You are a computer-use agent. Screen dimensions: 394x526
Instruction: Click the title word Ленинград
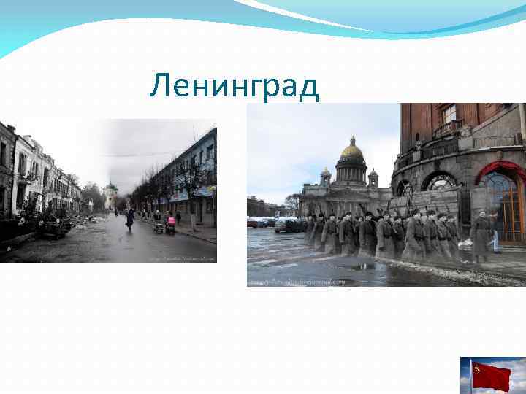coord(234,87)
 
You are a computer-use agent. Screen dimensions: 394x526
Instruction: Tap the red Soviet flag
coord(491,375)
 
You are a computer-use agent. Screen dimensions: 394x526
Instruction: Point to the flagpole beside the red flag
coord(471,376)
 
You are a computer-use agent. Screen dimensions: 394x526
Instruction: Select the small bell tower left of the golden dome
coord(325,177)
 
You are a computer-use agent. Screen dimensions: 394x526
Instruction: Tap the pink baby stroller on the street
coord(172,226)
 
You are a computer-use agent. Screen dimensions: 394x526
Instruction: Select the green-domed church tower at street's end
coord(110,194)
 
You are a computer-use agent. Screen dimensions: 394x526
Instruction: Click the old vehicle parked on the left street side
coord(51,228)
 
